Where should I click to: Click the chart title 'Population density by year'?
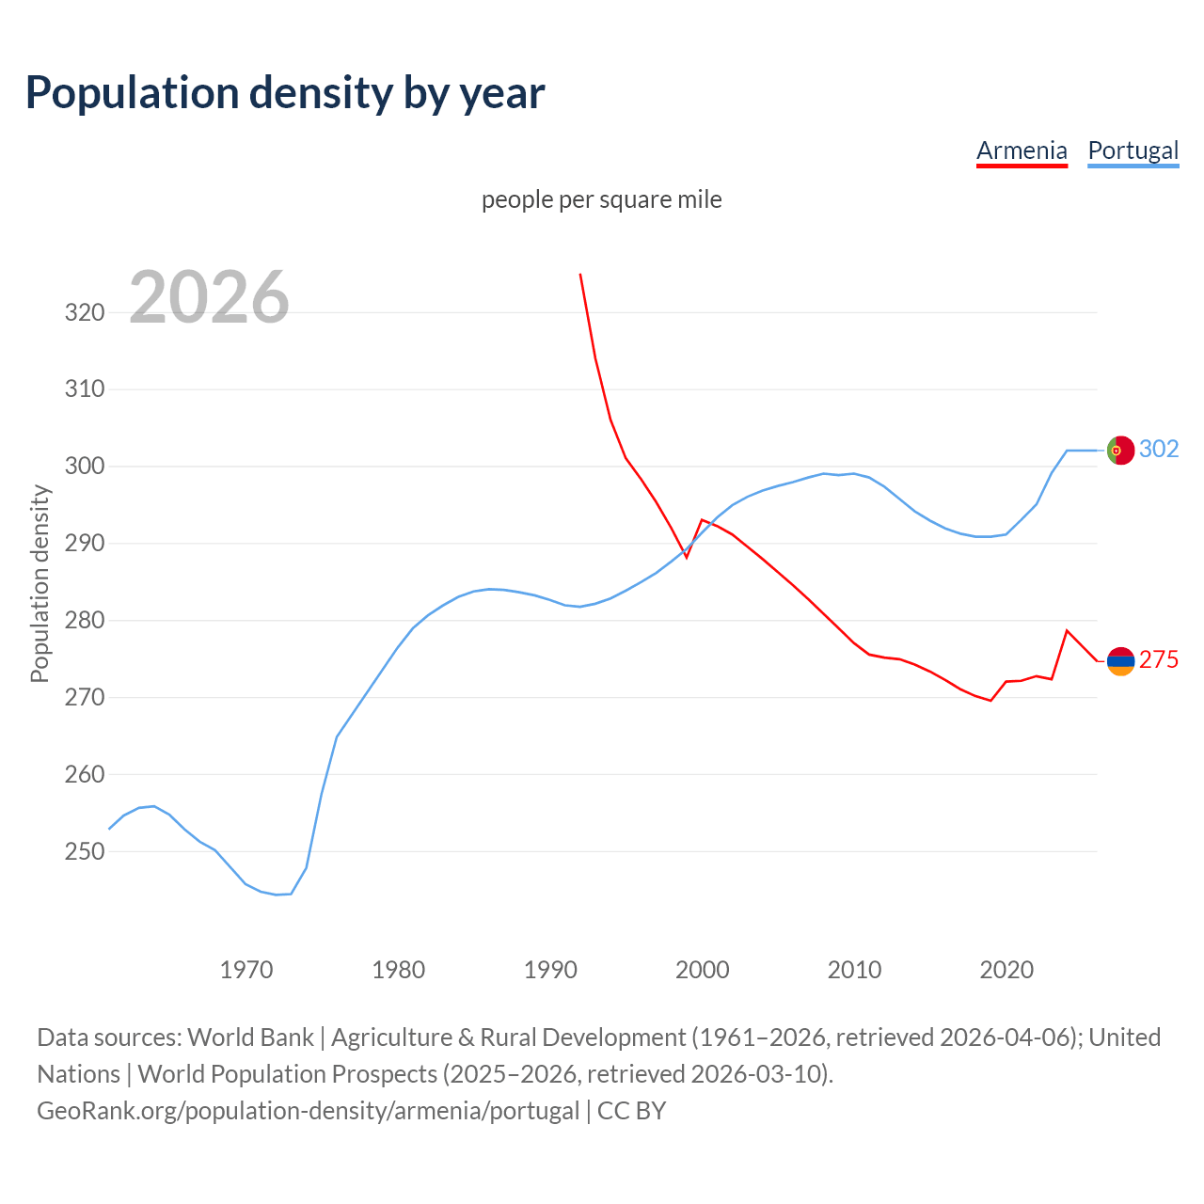point(285,93)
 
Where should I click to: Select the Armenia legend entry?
point(1022,150)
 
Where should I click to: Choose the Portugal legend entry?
point(1133,150)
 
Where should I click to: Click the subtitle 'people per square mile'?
point(601,199)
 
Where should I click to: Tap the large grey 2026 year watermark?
point(209,297)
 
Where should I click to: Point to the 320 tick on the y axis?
point(85,312)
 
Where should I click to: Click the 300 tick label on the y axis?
point(85,467)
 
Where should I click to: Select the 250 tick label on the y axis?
point(85,852)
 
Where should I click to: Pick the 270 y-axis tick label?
point(85,698)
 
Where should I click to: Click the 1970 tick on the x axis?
point(246,970)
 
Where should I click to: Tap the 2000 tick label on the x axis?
point(703,970)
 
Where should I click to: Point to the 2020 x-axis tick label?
point(1006,970)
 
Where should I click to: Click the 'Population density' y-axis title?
point(40,583)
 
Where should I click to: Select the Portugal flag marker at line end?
point(1120,451)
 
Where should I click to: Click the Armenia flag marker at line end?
point(1120,661)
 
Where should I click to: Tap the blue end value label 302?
point(1159,450)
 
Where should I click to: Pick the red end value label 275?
point(1159,660)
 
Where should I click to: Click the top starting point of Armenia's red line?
point(580,275)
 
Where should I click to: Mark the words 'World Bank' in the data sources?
point(250,1038)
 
